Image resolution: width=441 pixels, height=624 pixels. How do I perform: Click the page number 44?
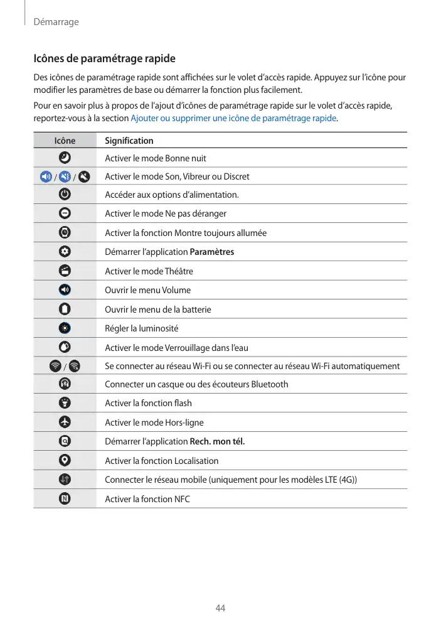(220, 608)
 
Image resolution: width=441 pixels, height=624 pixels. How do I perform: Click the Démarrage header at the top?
(56, 22)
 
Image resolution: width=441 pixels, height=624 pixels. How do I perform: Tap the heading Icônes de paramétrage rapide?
(104, 58)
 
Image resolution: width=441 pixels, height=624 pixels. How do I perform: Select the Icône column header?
(65, 141)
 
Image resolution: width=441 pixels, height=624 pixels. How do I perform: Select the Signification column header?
(129, 141)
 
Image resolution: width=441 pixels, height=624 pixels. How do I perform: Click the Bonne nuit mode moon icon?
(65, 158)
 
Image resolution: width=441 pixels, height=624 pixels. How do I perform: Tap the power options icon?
(65, 195)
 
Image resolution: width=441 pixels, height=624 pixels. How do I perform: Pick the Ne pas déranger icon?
(65, 213)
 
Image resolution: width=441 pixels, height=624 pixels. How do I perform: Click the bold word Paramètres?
(211, 252)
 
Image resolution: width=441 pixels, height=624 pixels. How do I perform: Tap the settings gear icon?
(65, 252)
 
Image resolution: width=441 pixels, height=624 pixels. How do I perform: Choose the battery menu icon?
(65, 309)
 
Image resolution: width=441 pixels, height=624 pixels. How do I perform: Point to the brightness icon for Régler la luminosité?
(65, 328)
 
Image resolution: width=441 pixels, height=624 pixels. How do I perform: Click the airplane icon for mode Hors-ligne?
(65, 422)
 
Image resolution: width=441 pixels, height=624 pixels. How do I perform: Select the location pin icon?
(65, 460)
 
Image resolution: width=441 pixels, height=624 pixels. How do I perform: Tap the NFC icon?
(65, 498)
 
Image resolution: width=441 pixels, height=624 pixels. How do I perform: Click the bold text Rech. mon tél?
(217, 441)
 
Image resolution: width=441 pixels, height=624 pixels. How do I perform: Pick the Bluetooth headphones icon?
(65, 384)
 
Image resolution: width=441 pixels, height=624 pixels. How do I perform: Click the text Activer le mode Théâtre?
(149, 271)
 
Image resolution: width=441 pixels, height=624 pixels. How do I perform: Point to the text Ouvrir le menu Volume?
(147, 290)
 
